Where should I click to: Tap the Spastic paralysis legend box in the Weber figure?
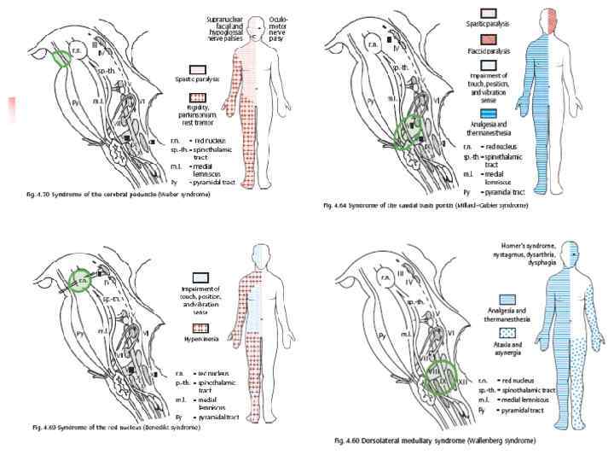tap(200, 73)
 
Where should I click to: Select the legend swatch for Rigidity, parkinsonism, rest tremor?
tap(200, 103)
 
